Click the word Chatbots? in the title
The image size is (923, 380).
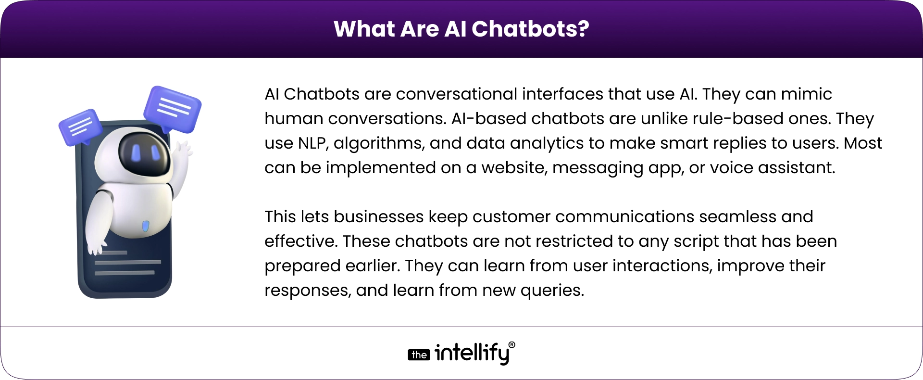(x=530, y=29)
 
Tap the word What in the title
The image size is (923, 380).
(x=364, y=29)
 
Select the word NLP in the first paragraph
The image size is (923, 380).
(x=313, y=143)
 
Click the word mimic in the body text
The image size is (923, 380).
(x=807, y=94)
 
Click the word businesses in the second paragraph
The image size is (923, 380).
(x=379, y=216)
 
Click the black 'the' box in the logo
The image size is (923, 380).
(x=419, y=355)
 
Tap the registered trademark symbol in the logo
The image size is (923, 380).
(x=511, y=345)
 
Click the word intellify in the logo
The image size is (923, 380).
(x=472, y=354)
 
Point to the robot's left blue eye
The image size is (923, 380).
(x=137, y=152)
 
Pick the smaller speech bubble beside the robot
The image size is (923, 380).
(x=80, y=127)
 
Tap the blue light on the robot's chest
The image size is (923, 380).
(x=145, y=226)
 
